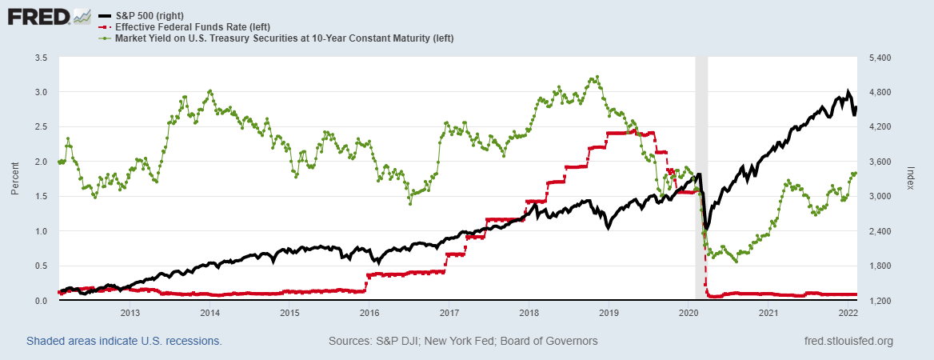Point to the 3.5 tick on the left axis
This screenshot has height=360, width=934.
(40, 58)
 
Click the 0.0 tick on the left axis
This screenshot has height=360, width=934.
(40, 301)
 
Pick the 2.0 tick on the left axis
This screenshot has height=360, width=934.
(40, 162)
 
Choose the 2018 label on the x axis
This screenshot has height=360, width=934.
(529, 313)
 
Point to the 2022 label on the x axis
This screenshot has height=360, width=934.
(848, 313)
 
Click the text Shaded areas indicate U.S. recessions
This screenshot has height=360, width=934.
(124, 342)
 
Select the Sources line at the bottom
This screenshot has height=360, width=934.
(463, 342)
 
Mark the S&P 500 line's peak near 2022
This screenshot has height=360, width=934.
(848, 91)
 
